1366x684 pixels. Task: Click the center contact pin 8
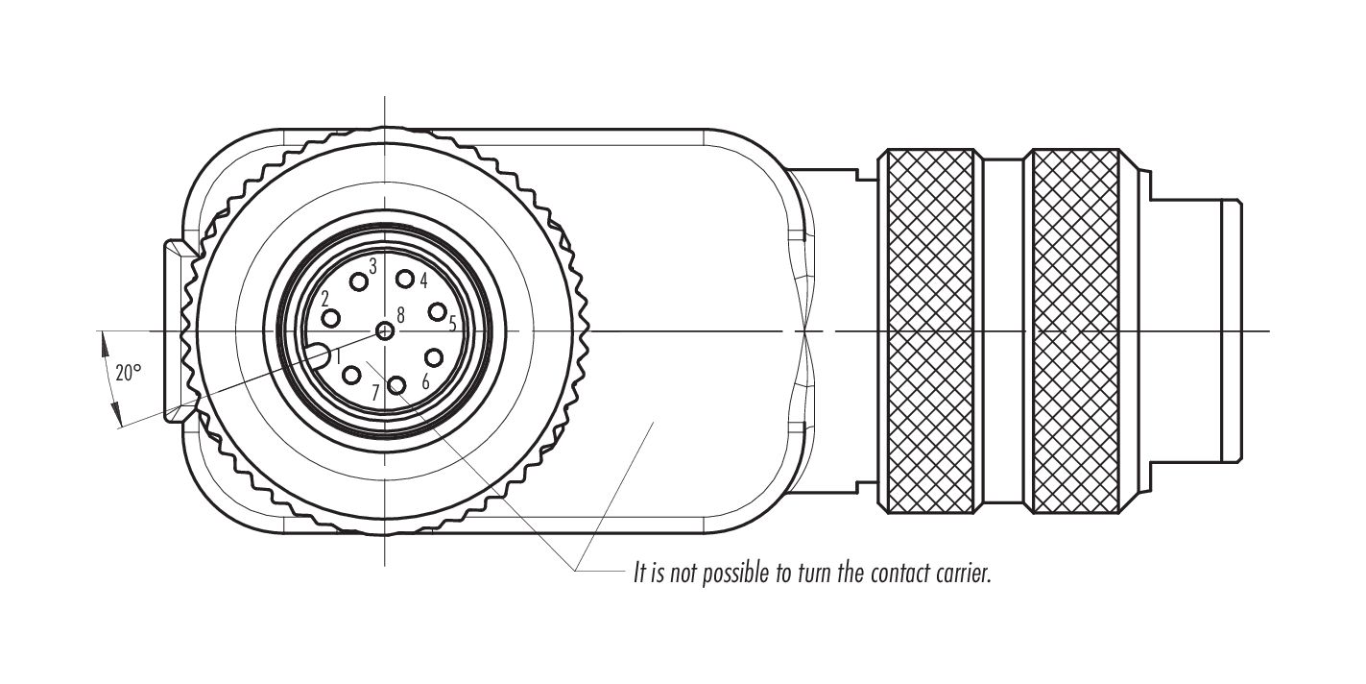(x=385, y=331)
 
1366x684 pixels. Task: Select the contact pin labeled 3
(x=359, y=281)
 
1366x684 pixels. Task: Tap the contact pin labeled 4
(x=405, y=279)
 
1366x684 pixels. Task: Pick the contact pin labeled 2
(x=331, y=318)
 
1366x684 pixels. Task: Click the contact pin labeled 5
(x=437, y=312)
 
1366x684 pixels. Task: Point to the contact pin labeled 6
(x=434, y=357)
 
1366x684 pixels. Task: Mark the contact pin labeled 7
(x=397, y=385)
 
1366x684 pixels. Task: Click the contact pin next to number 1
(x=352, y=376)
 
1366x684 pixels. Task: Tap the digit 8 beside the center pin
(x=400, y=315)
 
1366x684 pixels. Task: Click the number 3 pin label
(x=373, y=266)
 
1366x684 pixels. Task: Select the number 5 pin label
(x=452, y=323)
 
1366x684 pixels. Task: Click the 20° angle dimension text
(x=129, y=372)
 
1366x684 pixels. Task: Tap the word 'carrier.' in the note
(x=963, y=574)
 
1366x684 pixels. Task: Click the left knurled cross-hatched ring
(x=930, y=331)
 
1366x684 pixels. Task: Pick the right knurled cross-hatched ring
(x=1076, y=331)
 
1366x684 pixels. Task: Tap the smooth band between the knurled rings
(x=1004, y=331)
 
